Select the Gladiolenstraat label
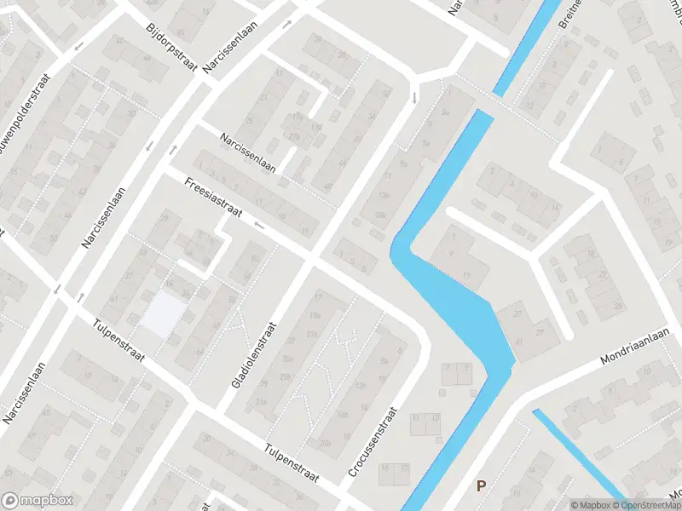(x=254, y=356)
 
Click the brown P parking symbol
(x=481, y=486)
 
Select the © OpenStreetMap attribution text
(x=644, y=505)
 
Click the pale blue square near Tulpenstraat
(x=162, y=313)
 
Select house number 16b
(x=341, y=415)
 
